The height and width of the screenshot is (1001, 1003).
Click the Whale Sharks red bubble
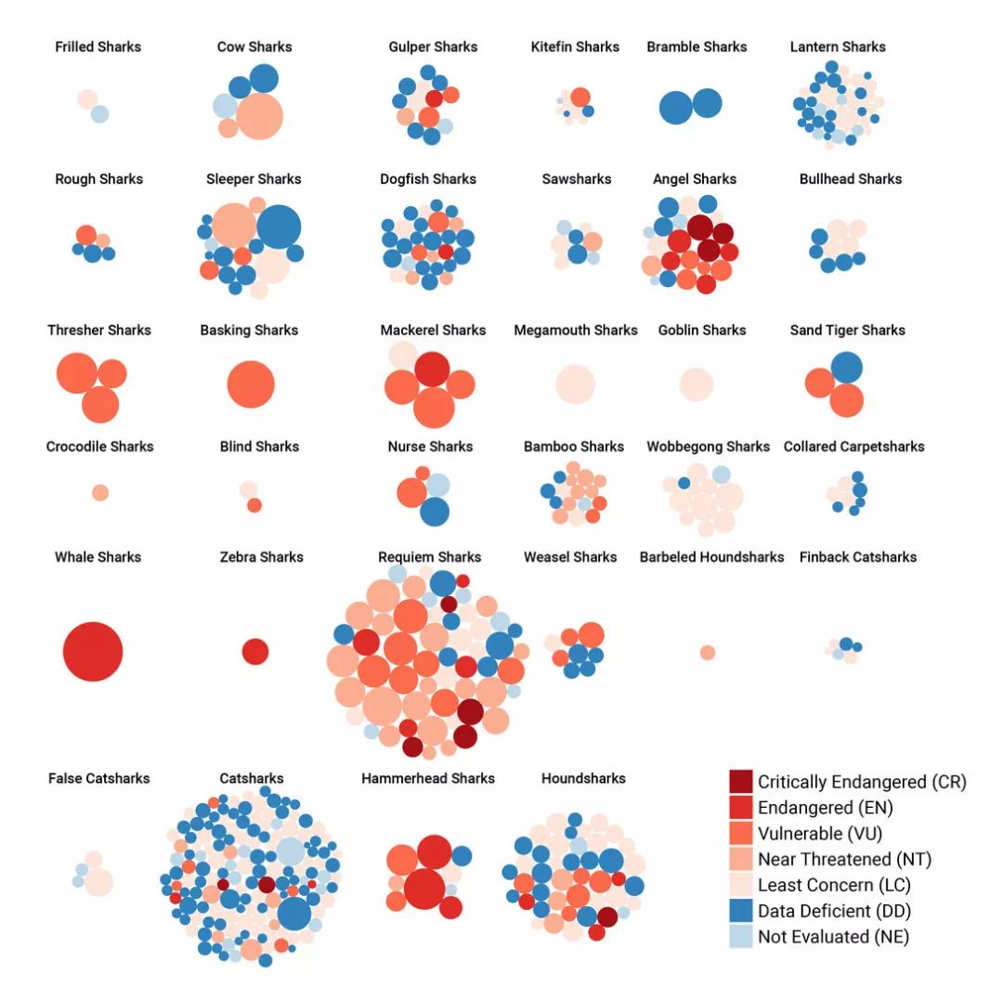coord(93,651)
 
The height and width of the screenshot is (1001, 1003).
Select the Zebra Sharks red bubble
coord(255,651)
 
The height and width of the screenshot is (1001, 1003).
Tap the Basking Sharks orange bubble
coord(251,384)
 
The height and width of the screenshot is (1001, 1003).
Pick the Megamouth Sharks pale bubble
coord(575,384)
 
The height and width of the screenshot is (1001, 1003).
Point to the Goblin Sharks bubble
coord(697,384)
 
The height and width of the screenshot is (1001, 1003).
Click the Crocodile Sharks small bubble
coord(100,493)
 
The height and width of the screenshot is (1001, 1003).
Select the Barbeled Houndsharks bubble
coord(708,653)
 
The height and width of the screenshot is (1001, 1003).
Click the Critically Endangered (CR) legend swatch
coord(740,782)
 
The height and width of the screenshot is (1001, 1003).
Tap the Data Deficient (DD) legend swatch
coord(740,911)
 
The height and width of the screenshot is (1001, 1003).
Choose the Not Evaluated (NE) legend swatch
coord(740,936)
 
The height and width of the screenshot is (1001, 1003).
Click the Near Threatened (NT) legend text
coord(844,859)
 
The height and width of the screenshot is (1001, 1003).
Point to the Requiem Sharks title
coord(429,557)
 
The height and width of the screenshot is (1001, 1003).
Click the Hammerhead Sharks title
coord(428,778)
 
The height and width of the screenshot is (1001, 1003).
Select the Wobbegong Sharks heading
coord(709,447)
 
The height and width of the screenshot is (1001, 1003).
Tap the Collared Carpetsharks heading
coord(854,447)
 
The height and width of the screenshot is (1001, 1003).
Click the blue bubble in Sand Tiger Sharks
coord(846,368)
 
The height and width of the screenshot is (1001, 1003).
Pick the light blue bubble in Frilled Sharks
coord(99,114)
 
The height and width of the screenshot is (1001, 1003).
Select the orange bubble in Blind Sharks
coord(254,505)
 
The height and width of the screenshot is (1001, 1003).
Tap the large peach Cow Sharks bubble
coord(259,116)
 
